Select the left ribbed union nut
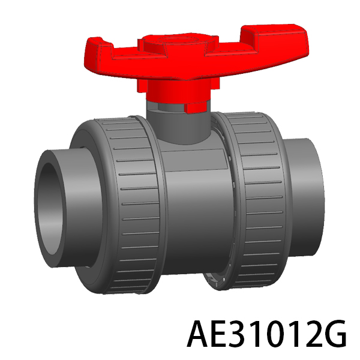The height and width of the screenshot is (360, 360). pyautogui.click(x=119, y=205)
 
